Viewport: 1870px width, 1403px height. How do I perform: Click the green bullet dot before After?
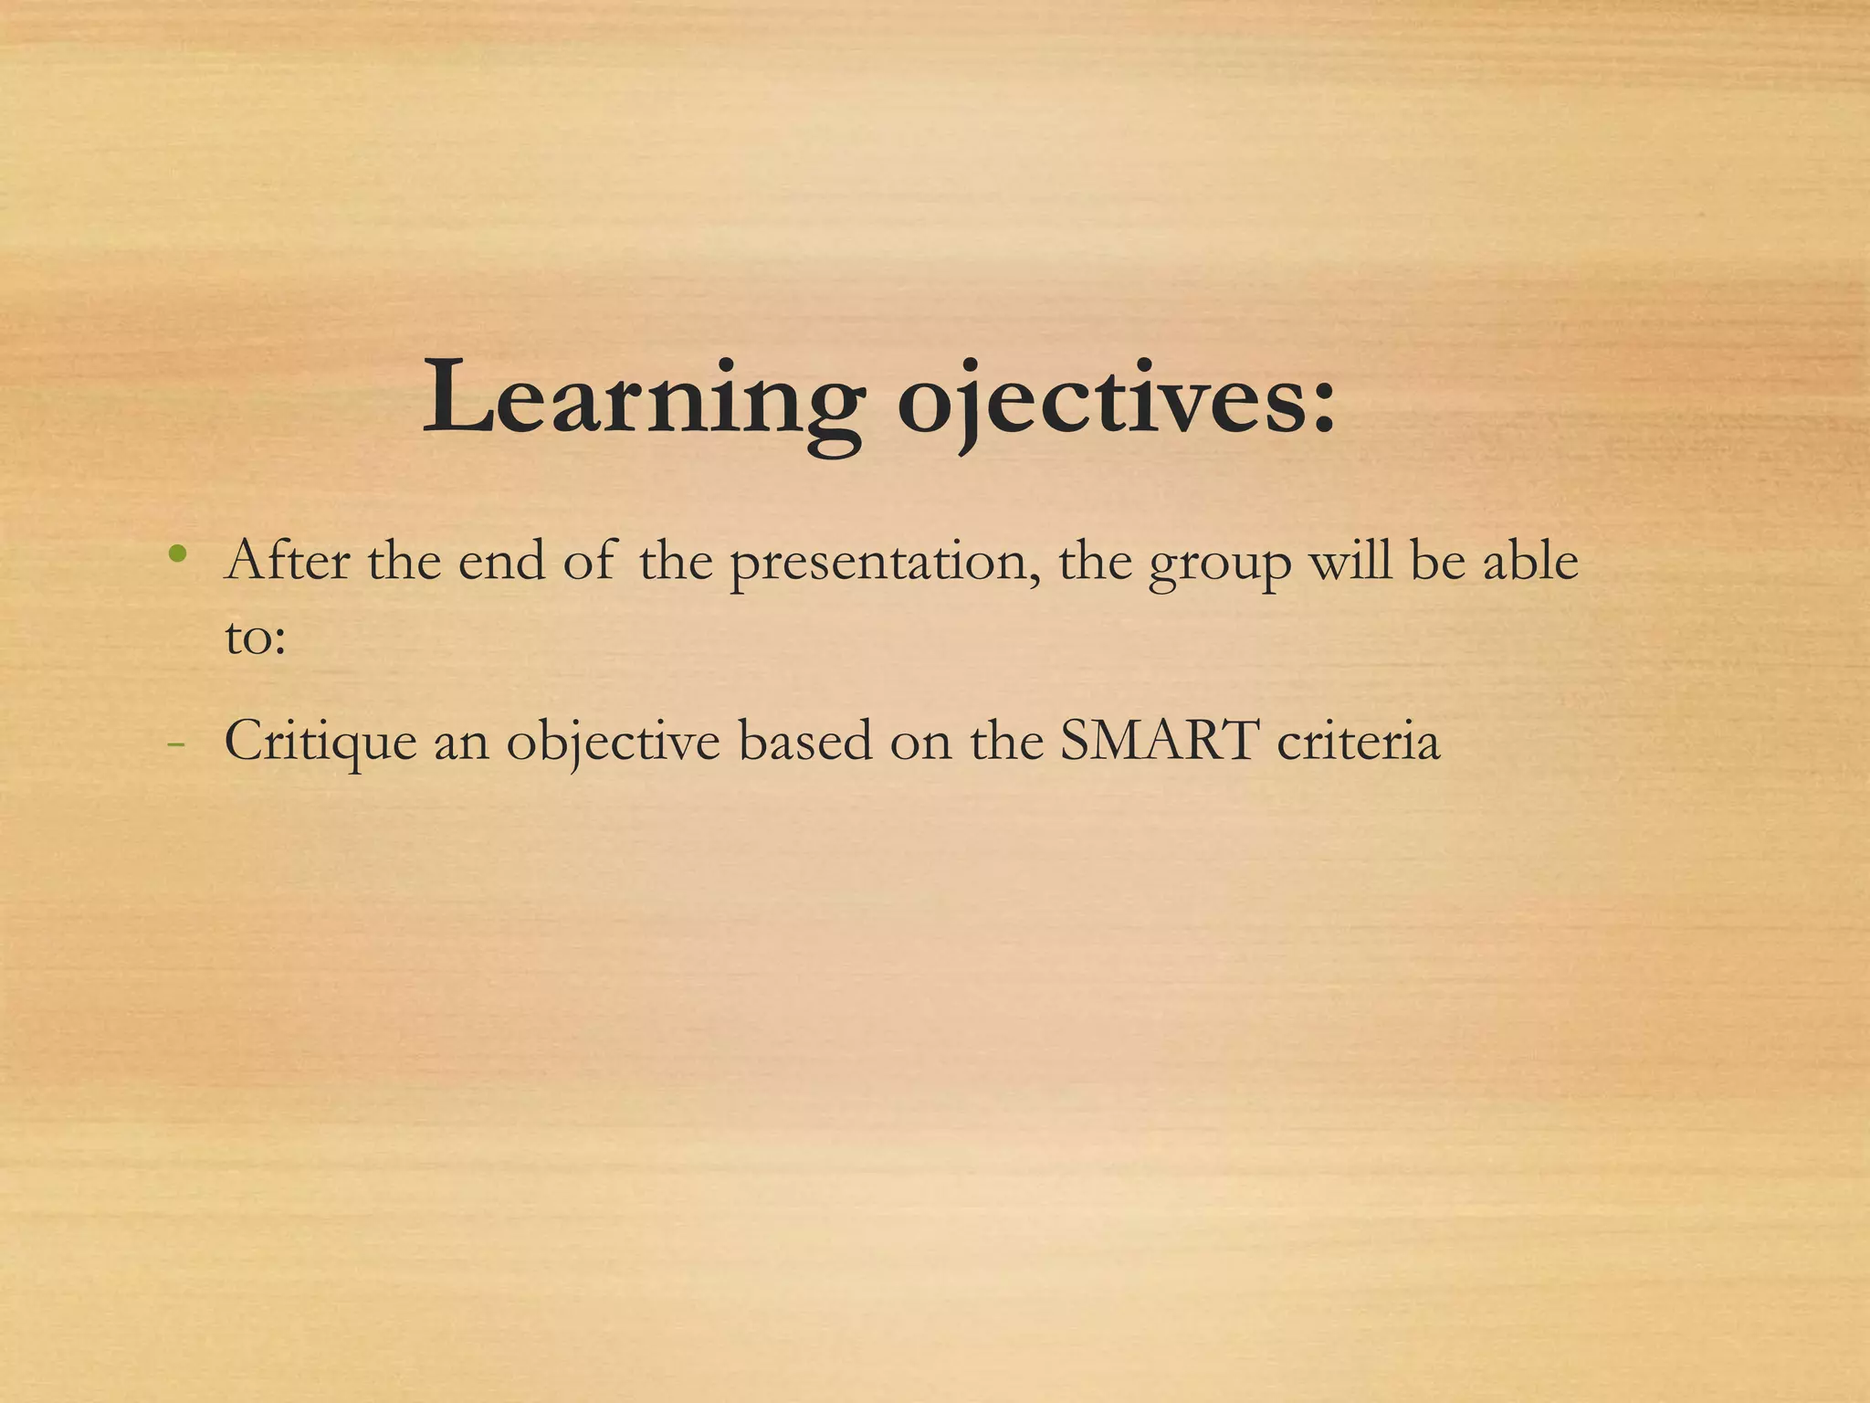(178, 554)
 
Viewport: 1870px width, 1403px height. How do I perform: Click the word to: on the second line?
(255, 637)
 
